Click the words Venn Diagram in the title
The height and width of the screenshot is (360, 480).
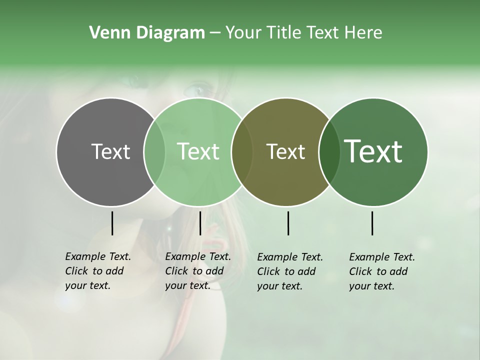pos(147,33)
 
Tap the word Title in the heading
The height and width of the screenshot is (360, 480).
pos(283,33)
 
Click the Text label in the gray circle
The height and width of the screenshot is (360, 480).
pos(110,151)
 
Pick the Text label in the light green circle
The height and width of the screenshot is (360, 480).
pos(198,151)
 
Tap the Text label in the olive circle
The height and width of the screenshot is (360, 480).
pos(285,151)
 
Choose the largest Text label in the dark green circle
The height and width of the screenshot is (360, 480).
pos(373,151)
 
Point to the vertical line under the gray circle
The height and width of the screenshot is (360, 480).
pos(112,223)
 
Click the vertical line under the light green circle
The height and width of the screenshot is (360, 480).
pos(200,223)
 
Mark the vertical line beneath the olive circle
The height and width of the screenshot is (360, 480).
pos(288,223)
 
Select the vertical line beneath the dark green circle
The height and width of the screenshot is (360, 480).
pos(372,223)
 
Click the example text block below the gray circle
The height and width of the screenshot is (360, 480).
pos(98,271)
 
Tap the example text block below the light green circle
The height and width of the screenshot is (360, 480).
pos(198,271)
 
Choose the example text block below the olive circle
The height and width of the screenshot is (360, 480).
pos(290,271)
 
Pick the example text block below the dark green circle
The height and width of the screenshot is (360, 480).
pos(382,271)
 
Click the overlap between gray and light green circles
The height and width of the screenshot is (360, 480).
pos(154,151)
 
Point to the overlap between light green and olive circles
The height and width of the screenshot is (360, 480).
pos(242,151)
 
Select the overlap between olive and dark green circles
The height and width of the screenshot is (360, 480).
pos(327,151)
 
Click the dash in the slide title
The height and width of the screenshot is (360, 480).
pos(215,33)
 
